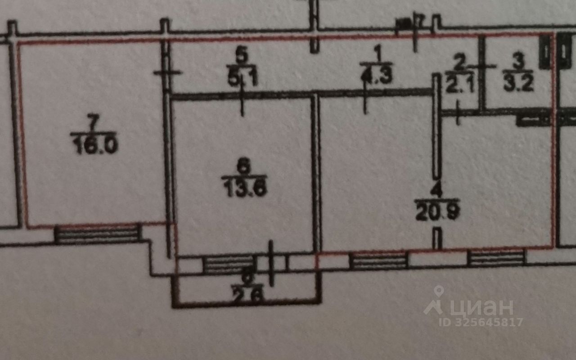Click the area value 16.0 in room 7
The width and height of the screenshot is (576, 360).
click(x=94, y=147)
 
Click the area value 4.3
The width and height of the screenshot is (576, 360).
click(x=377, y=75)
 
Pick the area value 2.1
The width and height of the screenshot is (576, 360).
click(x=457, y=85)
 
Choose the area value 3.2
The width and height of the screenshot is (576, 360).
click(x=518, y=84)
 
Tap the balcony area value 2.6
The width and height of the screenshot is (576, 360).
click(x=246, y=296)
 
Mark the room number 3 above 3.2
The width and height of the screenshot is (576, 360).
click(x=519, y=63)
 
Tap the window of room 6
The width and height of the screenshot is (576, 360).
click(x=229, y=264)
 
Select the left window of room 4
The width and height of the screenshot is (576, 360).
click(x=378, y=261)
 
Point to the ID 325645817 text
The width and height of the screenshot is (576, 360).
click(x=481, y=322)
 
